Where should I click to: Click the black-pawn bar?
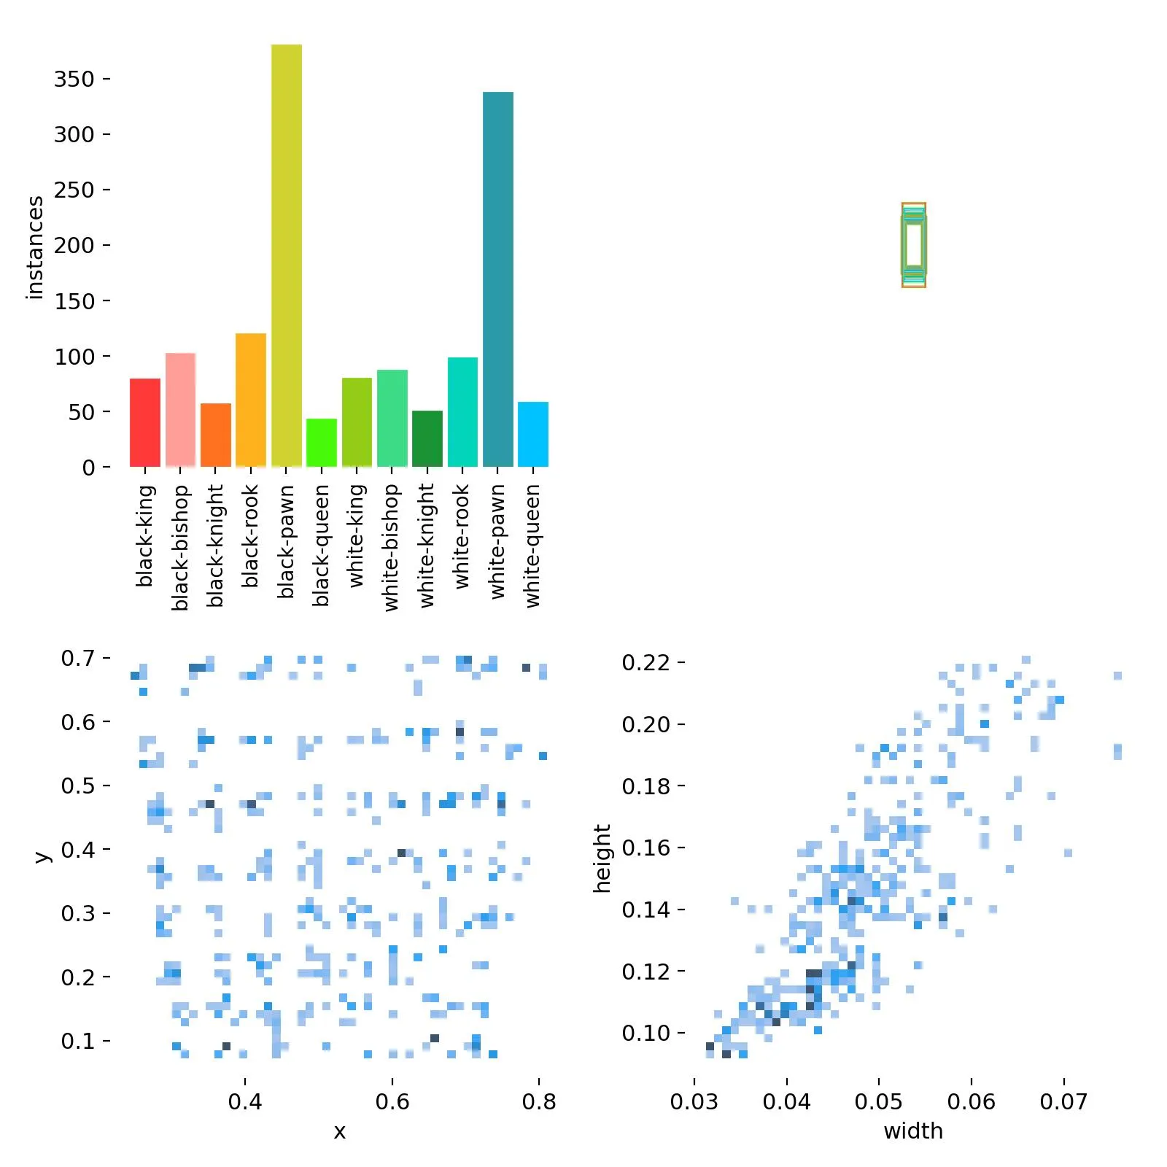(x=287, y=255)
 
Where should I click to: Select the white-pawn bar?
(x=498, y=279)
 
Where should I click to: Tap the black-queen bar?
(x=322, y=443)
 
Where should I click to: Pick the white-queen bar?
(x=533, y=434)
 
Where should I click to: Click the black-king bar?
(x=145, y=422)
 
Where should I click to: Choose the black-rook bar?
(x=251, y=400)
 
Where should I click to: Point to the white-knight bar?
(x=427, y=438)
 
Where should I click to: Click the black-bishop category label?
(x=180, y=548)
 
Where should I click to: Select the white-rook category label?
(x=462, y=538)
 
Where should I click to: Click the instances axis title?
(x=34, y=248)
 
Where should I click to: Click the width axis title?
(x=913, y=1131)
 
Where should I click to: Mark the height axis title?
(x=602, y=858)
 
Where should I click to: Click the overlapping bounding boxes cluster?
(x=914, y=245)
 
